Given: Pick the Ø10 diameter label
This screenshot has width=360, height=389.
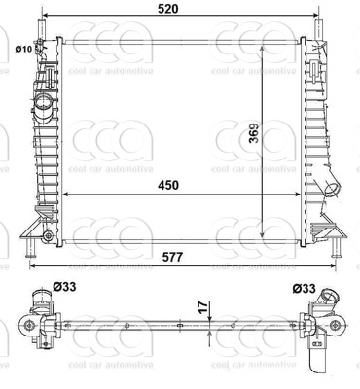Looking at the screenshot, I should tap(23, 48).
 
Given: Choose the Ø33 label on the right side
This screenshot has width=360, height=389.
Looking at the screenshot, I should tap(303, 287).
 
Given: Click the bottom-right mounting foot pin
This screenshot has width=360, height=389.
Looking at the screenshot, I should tap(338, 253).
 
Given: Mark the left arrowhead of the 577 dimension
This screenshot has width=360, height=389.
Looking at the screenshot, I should tap(32, 265).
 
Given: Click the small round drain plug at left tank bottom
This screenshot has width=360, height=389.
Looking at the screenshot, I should tap(46, 236).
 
